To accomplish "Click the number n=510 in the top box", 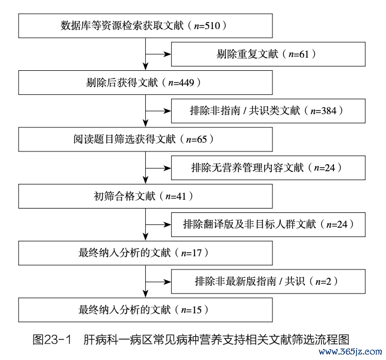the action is click(207, 26).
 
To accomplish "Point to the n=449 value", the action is click(181, 83).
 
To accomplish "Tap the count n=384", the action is click(323, 111).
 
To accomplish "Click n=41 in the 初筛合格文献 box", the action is click(176, 196).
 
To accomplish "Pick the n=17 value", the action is click(191, 254).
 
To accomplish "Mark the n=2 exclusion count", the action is click(323, 282).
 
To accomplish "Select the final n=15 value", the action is click(191, 310).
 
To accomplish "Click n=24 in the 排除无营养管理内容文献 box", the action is click(325, 168).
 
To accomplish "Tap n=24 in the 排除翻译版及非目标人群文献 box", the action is click(337, 224).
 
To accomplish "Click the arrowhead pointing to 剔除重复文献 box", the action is click(168, 54).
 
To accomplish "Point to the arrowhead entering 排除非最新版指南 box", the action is click(168, 282).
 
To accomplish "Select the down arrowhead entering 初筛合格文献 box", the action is click(145, 181).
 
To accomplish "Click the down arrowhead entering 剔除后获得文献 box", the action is click(145, 67).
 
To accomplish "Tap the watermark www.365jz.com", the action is click(350, 351).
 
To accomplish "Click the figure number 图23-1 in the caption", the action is click(52, 340).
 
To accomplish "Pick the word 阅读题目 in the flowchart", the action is click(94, 139).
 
